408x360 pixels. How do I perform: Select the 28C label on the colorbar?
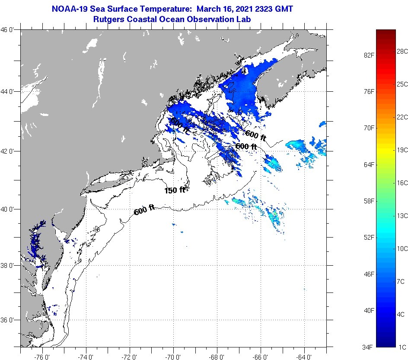tap(402, 51)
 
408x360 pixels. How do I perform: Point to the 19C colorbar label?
tap(402, 150)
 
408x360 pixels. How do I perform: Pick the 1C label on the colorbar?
tap(402, 347)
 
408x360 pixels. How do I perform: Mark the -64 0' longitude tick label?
tap(304, 357)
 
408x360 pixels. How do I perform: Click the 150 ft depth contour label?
tap(175, 190)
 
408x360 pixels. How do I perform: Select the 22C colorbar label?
tap(402, 117)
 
